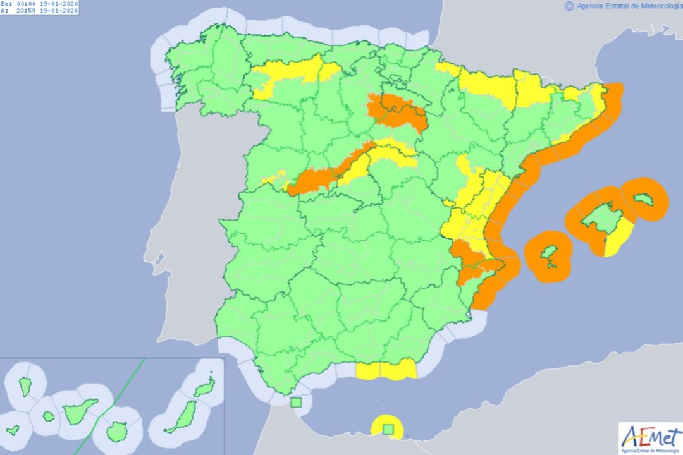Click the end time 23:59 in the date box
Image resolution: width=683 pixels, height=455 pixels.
(25, 11)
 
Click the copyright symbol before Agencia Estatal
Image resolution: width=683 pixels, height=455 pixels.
(569, 6)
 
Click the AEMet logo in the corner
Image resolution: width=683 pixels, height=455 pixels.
(649, 437)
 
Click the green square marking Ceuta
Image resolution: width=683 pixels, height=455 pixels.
(296, 402)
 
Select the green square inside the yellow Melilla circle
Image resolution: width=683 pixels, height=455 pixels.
(388, 429)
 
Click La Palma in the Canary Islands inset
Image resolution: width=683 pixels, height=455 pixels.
(25, 384)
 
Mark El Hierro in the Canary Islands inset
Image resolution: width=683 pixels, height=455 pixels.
(12, 430)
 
